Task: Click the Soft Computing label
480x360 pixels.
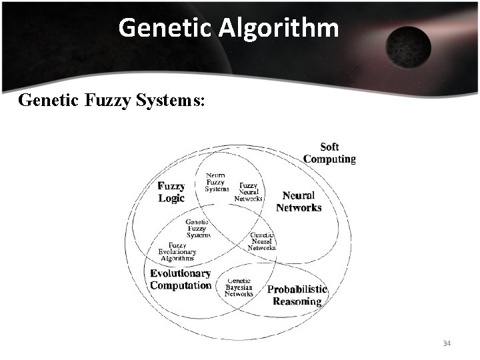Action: [329, 153]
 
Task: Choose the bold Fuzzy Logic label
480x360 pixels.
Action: [171, 192]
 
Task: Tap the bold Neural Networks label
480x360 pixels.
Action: [299, 201]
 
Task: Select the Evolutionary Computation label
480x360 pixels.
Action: [181, 279]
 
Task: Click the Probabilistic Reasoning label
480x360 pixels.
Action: [297, 295]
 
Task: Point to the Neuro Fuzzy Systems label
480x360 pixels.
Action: [216, 182]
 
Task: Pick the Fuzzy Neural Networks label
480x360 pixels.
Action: [249, 192]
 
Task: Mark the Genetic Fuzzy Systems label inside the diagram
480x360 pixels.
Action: [198, 228]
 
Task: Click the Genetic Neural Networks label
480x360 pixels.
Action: [261, 241]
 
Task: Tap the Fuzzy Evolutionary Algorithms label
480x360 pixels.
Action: [177, 251]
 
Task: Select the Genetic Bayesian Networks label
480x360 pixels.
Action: [239, 287]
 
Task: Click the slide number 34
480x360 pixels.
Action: [447, 343]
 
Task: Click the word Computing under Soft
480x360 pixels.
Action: [329, 159]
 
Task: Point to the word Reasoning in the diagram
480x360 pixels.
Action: [297, 301]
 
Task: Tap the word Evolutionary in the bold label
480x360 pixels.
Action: [181, 273]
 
